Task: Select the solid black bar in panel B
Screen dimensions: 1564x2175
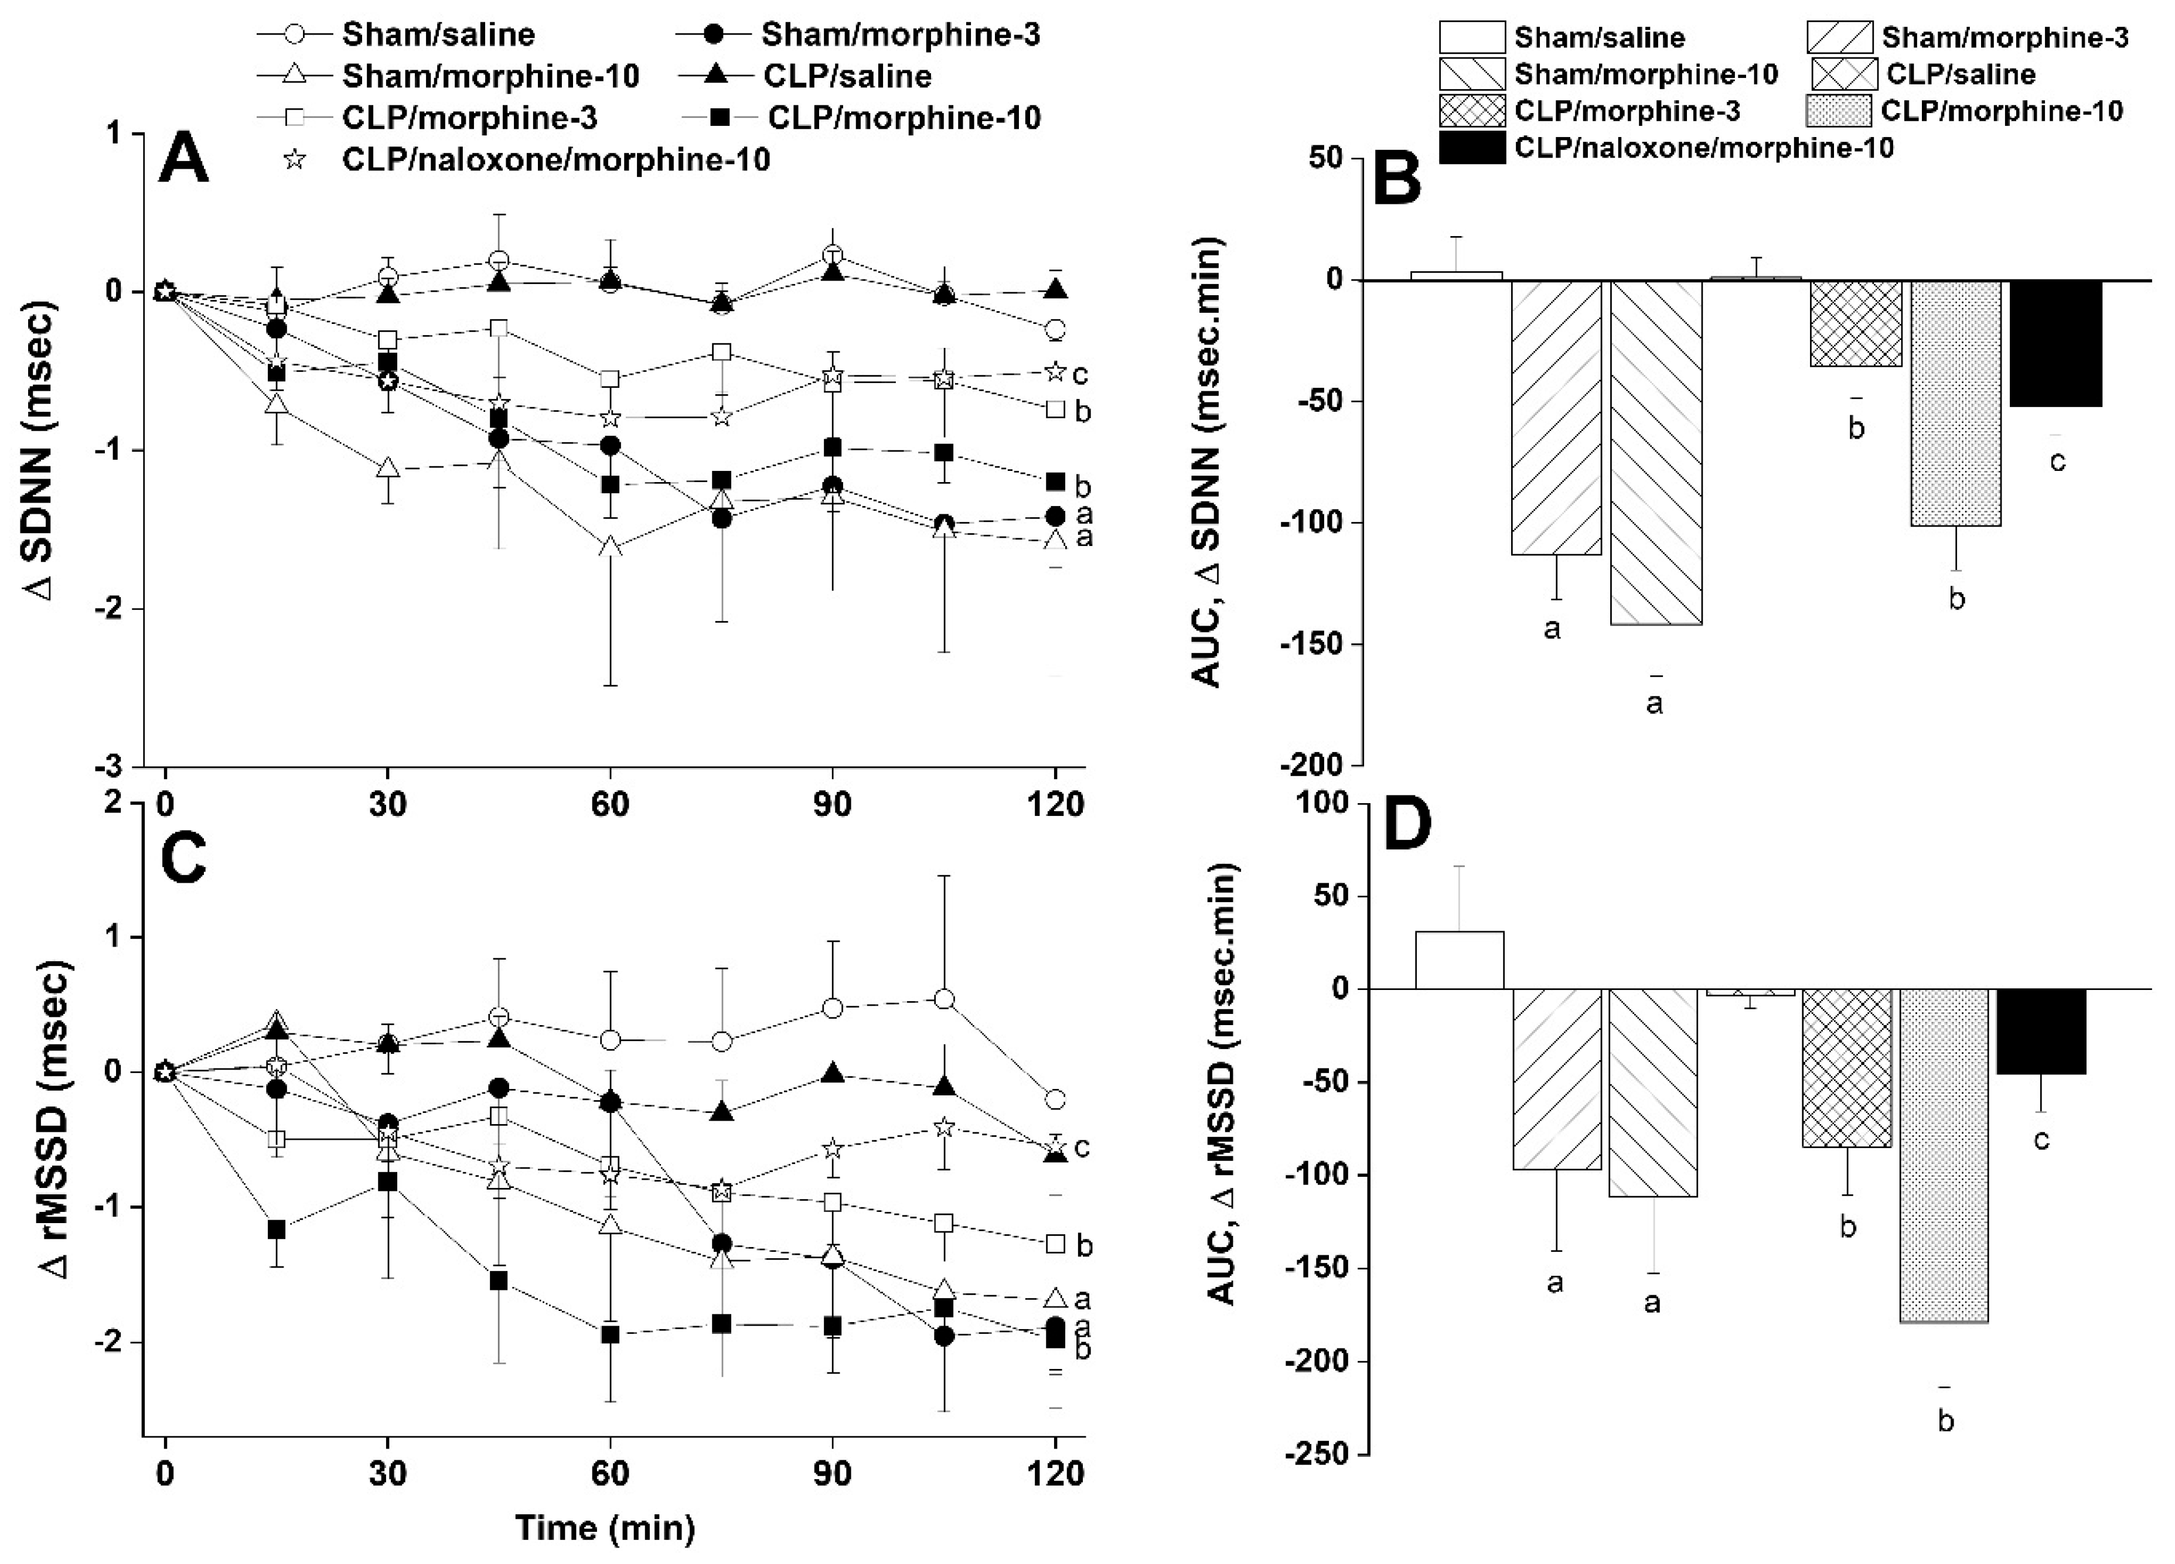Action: pos(2055,343)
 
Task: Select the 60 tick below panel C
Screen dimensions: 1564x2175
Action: pos(610,1472)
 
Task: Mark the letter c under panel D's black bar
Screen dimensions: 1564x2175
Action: pos(2041,1139)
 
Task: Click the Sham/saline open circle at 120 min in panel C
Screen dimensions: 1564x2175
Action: pos(1055,1099)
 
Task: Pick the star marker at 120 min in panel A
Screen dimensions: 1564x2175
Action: pos(1055,371)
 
